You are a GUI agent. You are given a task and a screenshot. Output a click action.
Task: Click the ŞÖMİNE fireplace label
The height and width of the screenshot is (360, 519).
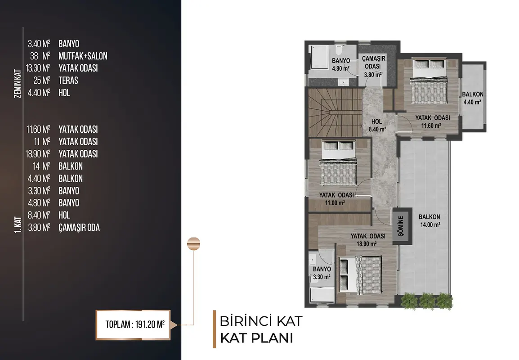coord(401,226)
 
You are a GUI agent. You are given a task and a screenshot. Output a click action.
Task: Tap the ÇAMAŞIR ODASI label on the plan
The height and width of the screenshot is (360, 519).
coord(373,66)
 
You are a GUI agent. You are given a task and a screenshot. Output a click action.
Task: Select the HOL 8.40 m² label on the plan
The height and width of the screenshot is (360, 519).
coord(377,125)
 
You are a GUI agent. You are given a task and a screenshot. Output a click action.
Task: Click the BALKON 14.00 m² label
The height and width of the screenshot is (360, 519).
coord(430,220)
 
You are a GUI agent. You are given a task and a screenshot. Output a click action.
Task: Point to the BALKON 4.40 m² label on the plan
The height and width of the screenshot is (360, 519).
coord(473,98)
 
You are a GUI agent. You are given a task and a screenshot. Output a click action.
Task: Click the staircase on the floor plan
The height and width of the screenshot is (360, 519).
coord(335,112)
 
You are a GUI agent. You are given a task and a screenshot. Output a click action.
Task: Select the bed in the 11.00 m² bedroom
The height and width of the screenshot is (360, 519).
coord(338,163)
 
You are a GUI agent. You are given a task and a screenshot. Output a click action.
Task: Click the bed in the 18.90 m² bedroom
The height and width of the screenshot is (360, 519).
coord(361,274)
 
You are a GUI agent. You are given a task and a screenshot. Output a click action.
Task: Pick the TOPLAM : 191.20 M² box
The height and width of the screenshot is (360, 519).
coord(133,324)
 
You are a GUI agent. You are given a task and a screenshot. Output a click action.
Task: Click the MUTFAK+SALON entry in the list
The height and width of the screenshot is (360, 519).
coord(83,56)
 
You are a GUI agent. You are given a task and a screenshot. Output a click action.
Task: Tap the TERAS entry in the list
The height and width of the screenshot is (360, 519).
coord(68,81)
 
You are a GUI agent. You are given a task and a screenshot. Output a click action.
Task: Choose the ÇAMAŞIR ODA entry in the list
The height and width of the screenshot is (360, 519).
coord(79,228)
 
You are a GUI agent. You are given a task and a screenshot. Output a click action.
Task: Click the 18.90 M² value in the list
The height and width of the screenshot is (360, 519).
coord(38,154)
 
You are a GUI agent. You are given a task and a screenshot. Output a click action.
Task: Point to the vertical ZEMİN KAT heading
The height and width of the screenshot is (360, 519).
coord(18,83)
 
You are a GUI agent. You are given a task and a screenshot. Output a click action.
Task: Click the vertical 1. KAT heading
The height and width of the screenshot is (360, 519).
coord(18,225)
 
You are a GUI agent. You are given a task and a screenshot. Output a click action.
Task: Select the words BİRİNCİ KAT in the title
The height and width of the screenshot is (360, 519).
coord(261,321)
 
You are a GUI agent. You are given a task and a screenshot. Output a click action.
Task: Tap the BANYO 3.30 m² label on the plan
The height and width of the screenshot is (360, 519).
coord(322,273)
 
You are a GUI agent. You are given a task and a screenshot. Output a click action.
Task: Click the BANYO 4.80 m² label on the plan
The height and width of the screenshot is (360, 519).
coord(341,65)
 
